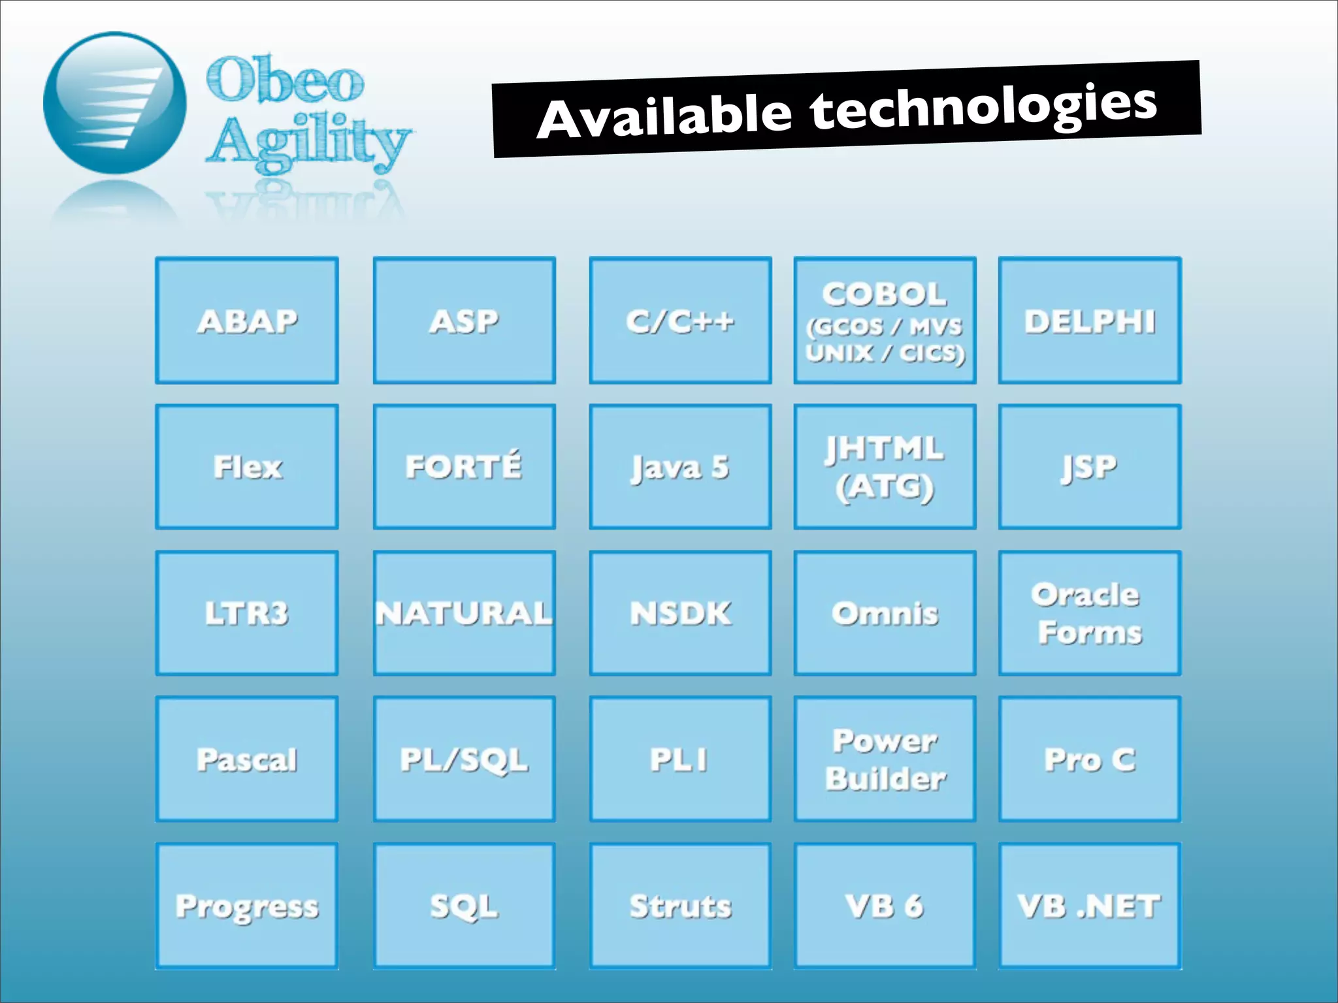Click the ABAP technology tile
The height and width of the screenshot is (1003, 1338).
pyautogui.click(x=247, y=321)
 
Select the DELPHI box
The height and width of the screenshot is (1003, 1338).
pyautogui.click(x=1090, y=321)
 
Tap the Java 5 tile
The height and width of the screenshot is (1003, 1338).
pyautogui.click(x=680, y=467)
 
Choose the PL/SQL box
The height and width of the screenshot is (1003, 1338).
pyautogui.click(x=464, y=759)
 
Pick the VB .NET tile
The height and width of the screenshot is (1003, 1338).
pyautogui.click(x=1090, y=906)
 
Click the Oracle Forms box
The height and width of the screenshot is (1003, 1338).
pyautogui.click(x=1090, y=613)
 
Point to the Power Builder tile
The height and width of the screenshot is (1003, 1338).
pyautogui.click(x=885, y=759)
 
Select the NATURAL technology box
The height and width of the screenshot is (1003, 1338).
pyautogui.click(x=464, y=613)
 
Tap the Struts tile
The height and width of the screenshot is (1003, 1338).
pyautogui.click(x=680, y=906)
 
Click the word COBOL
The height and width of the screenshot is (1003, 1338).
pyautogui.click(x=885, y=295)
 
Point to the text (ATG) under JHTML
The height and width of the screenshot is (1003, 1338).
pyautogui.click(x=885, y=487)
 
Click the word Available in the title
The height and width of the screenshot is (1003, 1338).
pyautogui.click(x=664, y=118)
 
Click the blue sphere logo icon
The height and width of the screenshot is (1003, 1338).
pyautogui.click(x=114, y=103)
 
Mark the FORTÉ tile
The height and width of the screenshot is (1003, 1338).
pyautogui.click(x=464, y=467)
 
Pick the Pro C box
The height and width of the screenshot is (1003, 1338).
pyautogui.click(x=1090, y=759)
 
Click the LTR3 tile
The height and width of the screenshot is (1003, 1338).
pyautogui.click(x=247, y=613)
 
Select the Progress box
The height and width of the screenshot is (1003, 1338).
pyautogui.click(x=247, y=906)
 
